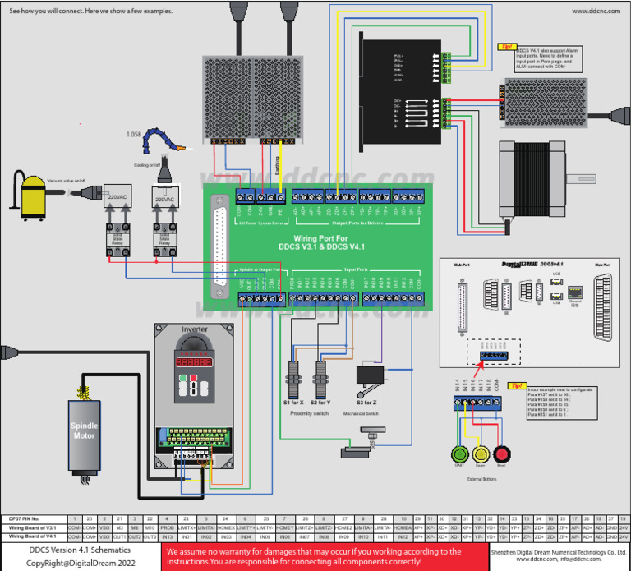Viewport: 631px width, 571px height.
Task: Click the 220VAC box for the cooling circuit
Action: [x=165, y=199]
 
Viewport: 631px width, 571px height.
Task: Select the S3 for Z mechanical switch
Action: [x=370, y=375]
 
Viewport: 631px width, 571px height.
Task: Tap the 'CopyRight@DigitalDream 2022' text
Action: [x=80, y=563]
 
